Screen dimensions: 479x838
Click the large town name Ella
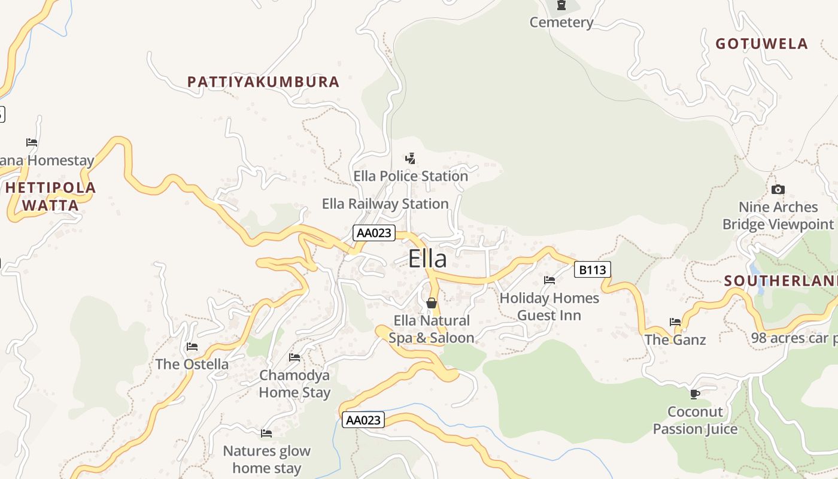tap(427, 259)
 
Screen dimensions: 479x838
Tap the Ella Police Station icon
tap(410, 159)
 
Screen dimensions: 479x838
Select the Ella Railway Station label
tap(385, 204)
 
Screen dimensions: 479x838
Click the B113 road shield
tap(592, 270)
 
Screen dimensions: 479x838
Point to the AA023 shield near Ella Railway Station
tap(374, 233)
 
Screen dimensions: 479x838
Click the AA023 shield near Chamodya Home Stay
tap(363, 420)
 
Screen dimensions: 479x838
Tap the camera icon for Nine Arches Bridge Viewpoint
tap(778, 190)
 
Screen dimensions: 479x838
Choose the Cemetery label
tap(561, 23)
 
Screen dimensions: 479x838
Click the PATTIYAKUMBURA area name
tap(263, 82)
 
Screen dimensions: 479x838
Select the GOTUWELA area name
tap(762, 44)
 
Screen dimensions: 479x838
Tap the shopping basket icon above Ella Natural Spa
tap(431, 303)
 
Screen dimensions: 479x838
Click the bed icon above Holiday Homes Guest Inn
tap(549, 280)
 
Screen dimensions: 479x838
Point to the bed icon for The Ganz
tap(675, 322)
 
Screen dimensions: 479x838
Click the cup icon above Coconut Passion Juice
tap(694, 393)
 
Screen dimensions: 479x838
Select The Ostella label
tap(192, 364)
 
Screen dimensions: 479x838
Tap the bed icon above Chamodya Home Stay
tap(294, 357)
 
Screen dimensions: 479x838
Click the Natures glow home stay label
tap(266, 459)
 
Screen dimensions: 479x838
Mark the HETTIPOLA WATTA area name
tap(50, 196)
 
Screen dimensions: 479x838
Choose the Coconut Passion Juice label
tap(695, 420)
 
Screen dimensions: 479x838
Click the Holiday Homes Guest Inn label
tap(549, 307)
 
